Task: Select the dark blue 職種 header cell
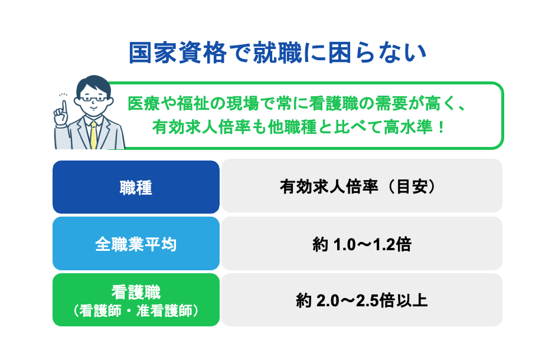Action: (136, 187)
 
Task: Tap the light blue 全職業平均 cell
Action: (136, 244)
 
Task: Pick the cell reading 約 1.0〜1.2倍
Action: (361, 244)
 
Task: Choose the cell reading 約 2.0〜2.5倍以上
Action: (361, 300)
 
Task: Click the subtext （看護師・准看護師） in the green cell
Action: (136, 310)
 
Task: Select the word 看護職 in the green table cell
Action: (136, 292)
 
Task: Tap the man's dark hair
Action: (94, 83)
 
